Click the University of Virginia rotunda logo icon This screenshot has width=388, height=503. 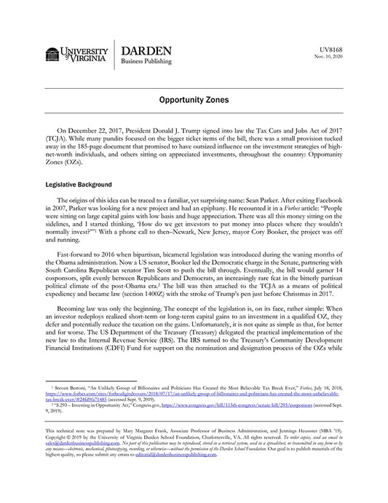click(x=52, y=54)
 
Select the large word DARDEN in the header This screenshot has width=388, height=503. click(x=146, y=51)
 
